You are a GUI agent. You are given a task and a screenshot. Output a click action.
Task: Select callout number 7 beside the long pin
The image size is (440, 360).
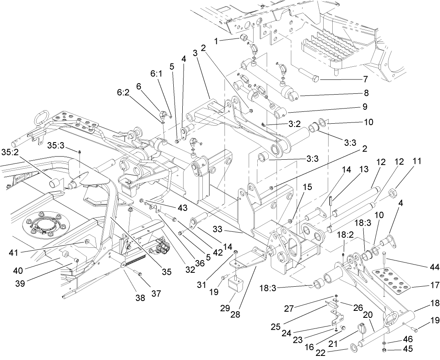(x=365, y=79)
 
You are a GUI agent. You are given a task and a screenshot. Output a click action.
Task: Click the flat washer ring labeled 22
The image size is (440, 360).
(x=351, y=350)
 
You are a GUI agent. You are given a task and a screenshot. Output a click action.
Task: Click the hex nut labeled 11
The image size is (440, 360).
(x=391, y=192)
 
